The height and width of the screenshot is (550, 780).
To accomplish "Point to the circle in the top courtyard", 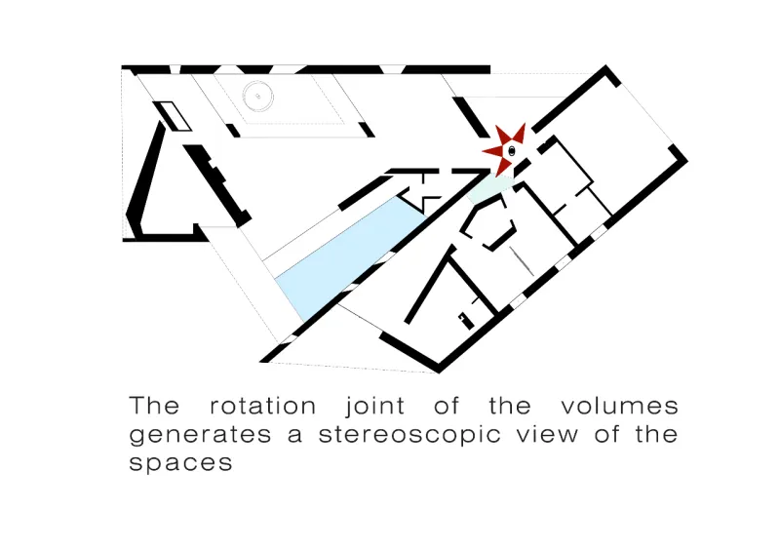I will pyautogui.click(x=256, y=96).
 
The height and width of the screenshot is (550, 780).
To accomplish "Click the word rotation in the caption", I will pyautogui.click(x=262, y=407).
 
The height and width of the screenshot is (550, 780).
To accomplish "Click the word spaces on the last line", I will pyautogui.click(x=181, y=463).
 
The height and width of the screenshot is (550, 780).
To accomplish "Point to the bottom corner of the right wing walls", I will pyautogui.click(x=440, y=368).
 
